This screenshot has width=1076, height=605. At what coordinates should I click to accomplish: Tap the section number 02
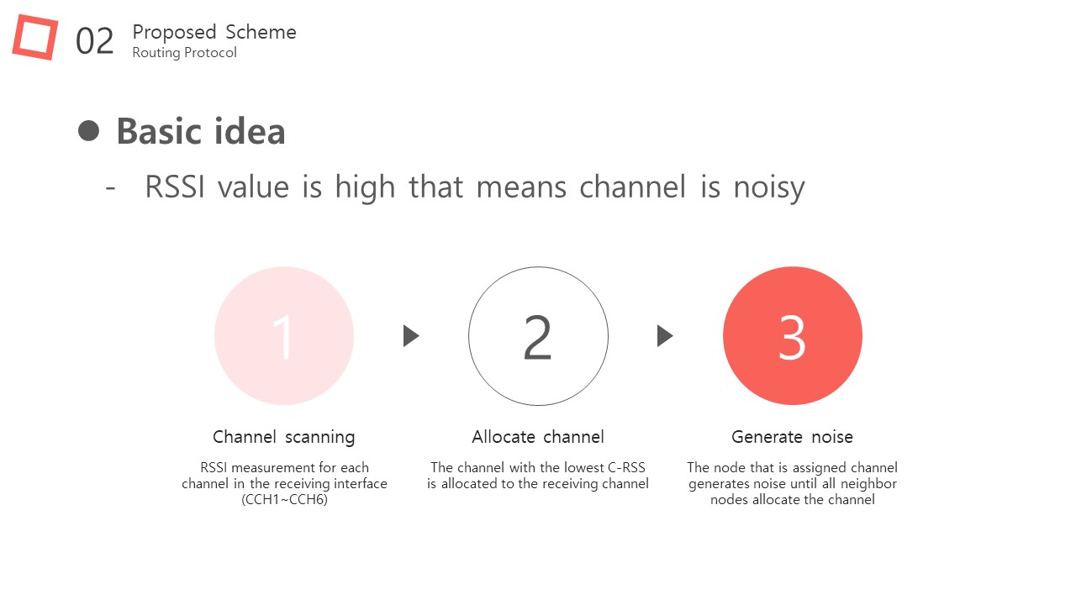point(95,41)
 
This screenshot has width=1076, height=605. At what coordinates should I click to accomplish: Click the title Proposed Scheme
point(214,32)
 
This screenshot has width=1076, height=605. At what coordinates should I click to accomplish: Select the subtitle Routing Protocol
point(184,52)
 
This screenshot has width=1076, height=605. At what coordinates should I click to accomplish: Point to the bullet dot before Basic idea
point(88,131)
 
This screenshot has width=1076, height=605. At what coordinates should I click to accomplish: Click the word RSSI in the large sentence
point(174,187)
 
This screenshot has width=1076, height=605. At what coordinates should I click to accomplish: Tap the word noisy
point(769,187)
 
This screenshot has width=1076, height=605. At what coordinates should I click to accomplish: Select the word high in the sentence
point(365,187)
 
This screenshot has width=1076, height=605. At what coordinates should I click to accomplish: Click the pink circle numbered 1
point(284,336)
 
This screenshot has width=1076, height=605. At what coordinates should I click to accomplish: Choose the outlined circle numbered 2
point(469,336)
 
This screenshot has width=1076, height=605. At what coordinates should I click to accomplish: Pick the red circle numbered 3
point(793,336)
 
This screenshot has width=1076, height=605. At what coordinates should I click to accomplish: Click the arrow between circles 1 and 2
point(411,335)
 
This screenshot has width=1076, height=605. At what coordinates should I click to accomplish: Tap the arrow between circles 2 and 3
point(665,335)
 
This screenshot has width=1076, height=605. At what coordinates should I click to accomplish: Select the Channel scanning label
point(284,438)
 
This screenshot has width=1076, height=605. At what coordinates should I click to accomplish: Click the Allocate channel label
point(538,437)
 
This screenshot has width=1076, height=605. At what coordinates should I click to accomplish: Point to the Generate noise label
point(792,437)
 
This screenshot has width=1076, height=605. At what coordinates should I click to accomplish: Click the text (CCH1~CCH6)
point(284,500)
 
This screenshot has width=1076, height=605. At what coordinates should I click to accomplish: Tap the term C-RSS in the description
point(626,468)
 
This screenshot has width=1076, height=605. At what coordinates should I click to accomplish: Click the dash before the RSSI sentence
point(110,187)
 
